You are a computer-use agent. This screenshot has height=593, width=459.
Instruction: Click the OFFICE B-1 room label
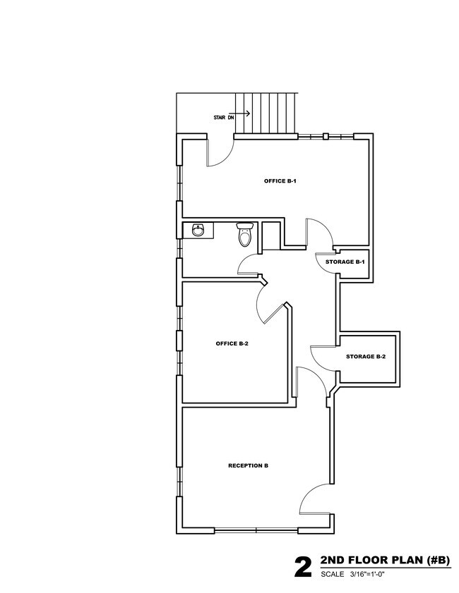point(280,181)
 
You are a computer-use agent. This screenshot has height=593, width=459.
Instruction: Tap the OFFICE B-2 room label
point(232,344)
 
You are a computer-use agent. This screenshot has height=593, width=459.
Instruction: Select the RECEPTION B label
point(248,466)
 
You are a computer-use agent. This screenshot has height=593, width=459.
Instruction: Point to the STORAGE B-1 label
point(345,262)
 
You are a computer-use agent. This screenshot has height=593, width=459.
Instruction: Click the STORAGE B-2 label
point(366,357)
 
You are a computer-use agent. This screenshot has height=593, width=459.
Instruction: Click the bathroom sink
point(197,230)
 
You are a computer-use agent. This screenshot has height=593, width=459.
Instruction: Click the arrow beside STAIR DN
point(242,114)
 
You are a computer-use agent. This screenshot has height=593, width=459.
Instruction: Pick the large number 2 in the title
point(303,567)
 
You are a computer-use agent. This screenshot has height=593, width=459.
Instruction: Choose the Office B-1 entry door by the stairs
point(220,152)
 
